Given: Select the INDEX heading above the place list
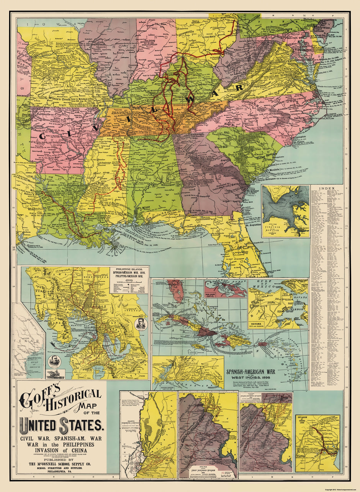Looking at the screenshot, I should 327,189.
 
